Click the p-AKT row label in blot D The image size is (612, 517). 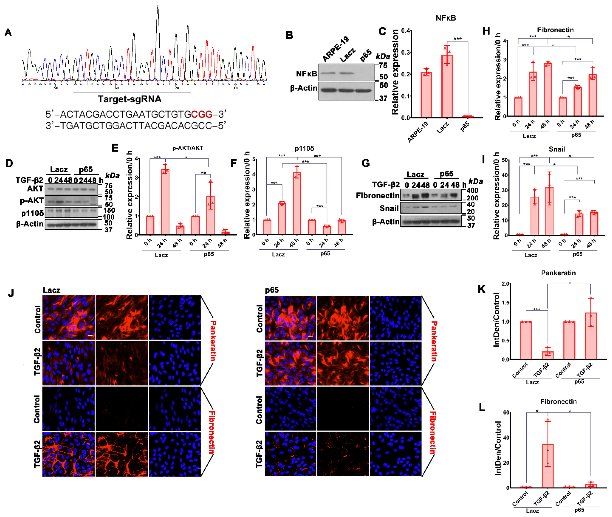32,201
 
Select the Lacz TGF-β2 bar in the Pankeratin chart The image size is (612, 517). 548,355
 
